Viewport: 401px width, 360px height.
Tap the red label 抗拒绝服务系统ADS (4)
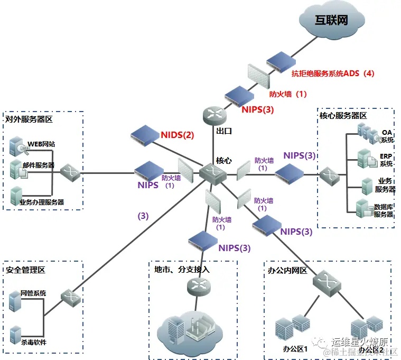[333, 73]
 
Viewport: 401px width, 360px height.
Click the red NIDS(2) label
[177, 135]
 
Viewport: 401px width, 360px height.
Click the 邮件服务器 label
[39, 165]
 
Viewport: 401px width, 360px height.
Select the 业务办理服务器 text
[42, 202]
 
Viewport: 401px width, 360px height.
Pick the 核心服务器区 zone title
[343, 115]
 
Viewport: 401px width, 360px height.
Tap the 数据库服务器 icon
[365, 208]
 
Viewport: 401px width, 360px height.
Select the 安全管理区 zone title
[25, 270]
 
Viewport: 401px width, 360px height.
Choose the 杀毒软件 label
[33, 342]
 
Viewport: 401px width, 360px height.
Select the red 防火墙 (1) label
[288, 94]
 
